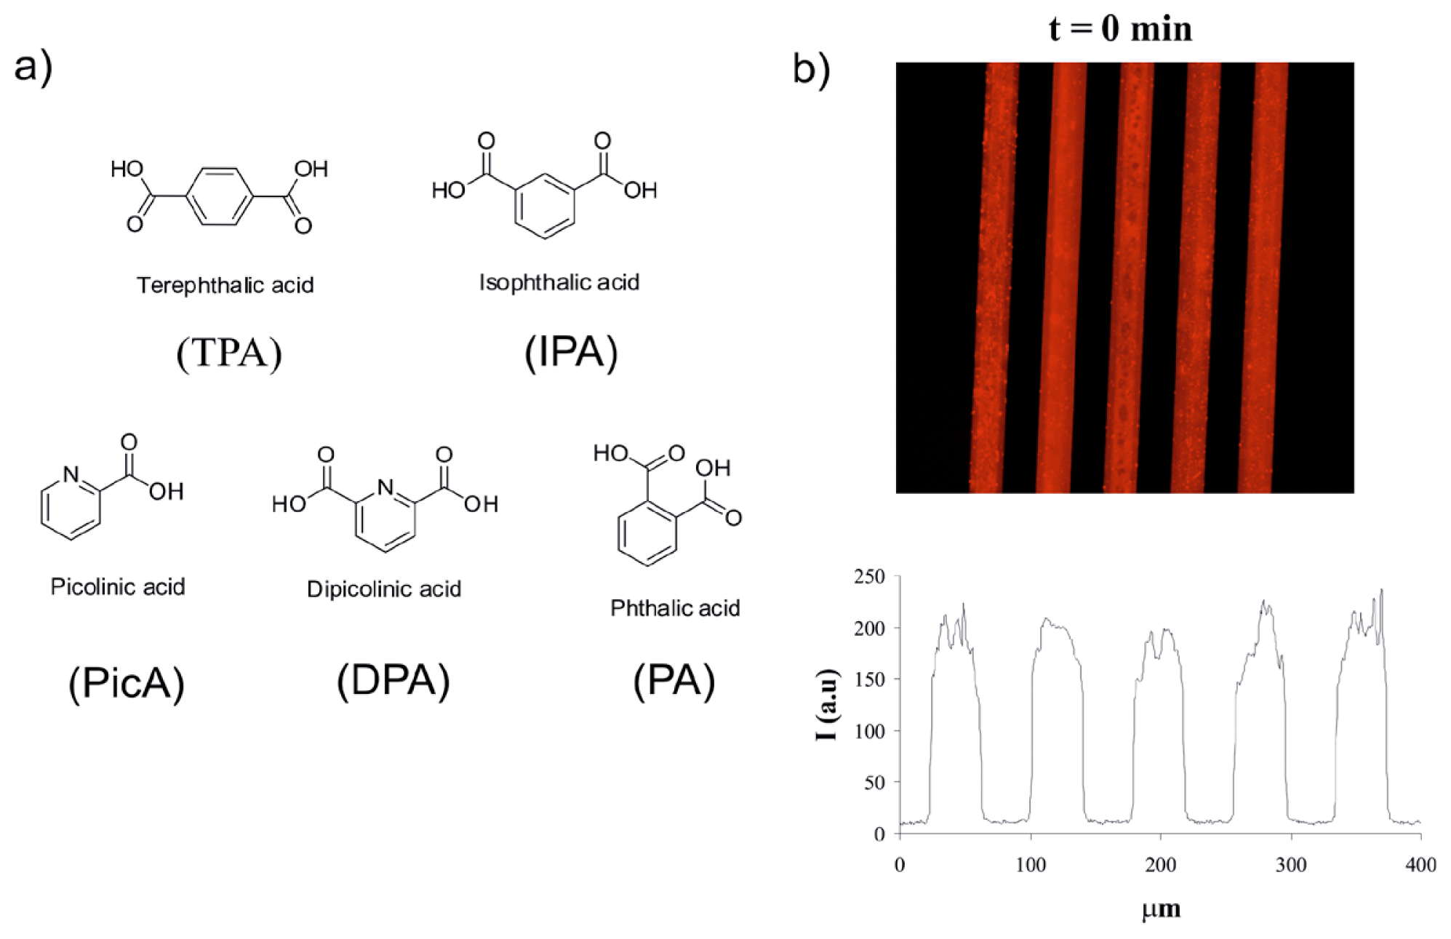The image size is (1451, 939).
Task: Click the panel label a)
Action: [33, 67]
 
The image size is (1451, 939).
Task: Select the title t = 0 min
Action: [1120, 29]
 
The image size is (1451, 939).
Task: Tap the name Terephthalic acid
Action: [225, 285]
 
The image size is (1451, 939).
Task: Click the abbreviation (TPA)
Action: [229, 353]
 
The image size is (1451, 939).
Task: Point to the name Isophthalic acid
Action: [559, 282]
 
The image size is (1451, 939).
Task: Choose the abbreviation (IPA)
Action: [571, 353]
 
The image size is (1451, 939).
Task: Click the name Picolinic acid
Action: [118, 587]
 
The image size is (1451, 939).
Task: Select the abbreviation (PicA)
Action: [127, 684]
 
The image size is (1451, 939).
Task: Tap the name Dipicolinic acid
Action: [384, 589]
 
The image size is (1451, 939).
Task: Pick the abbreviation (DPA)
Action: [393, 682]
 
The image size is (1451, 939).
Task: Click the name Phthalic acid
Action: [675, 608]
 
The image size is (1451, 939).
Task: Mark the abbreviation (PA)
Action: [674, 682]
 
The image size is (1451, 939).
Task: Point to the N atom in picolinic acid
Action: [71, 474]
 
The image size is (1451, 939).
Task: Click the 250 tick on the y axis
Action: [869, 577]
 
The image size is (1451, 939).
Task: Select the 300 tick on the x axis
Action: [1291, 865]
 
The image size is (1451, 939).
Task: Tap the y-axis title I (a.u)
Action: [827, 704]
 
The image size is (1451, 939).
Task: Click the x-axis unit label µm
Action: [1161, 909]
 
